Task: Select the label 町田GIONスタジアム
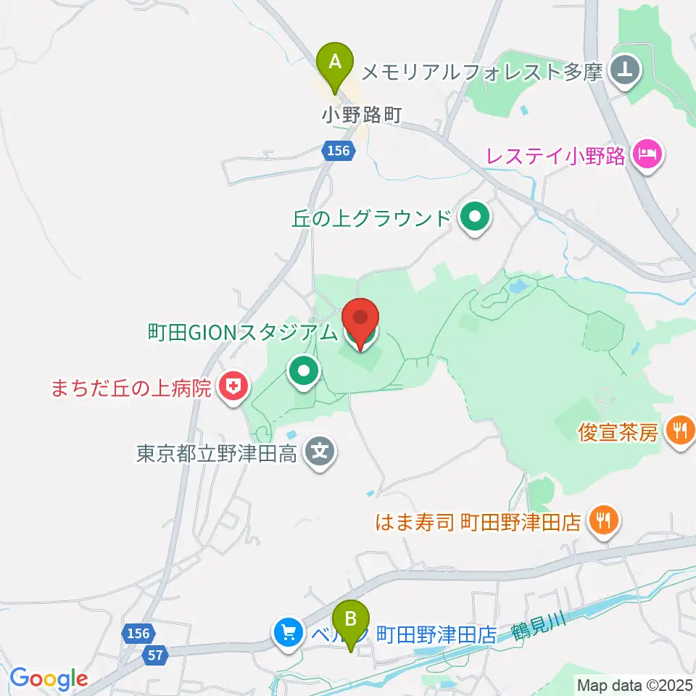click(x=243, y=333)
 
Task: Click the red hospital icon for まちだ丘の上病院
click(x=234, y=389)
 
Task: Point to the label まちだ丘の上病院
click(x=131, y=389)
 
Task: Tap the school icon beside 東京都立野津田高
click(x=320, y=454)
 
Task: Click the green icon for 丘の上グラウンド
click(x=474, y=217)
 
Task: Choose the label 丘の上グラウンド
click(x=372, y=218)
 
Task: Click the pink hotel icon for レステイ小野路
click(x=645, y=154)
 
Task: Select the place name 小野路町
click(x=362, y=115)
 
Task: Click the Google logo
click(x=49, y=679)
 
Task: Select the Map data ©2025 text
click(x=633, y=684)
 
